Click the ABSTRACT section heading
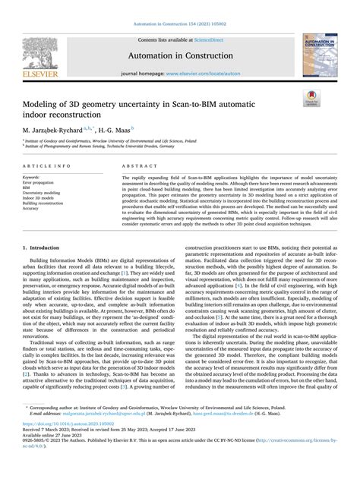(134, 164)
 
